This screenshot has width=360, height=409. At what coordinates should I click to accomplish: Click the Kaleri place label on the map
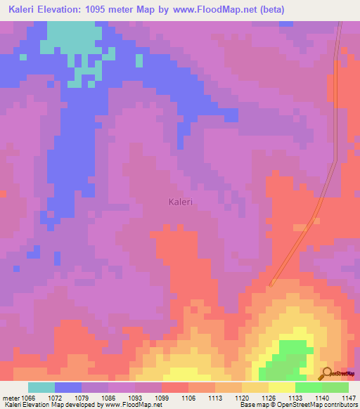181,202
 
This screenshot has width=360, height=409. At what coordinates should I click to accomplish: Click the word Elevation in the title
70,10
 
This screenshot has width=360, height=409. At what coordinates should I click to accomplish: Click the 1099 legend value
161,398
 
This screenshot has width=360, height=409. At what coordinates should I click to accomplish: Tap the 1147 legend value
349,398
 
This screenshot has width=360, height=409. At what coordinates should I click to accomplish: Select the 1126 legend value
269,398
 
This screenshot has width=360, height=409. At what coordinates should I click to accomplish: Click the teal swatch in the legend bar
41,388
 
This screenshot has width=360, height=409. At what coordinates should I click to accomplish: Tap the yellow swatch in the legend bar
281,388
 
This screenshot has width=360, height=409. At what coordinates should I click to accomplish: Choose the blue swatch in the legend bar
68,388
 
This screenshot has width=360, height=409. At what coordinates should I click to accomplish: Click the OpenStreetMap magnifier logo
327,373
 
